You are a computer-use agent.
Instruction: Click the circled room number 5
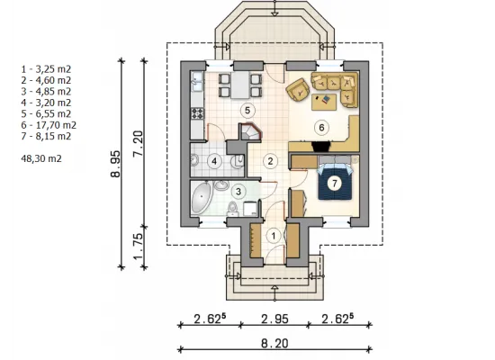pos(247,110)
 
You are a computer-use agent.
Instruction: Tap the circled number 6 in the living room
pos(321,128)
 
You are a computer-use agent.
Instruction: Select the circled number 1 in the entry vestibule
pos(274,236)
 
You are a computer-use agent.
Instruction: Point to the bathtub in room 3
pos(201,198)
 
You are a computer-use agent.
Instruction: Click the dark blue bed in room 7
pos(335,182)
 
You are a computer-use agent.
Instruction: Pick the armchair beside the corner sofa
pos(298,90)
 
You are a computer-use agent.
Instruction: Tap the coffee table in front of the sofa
pos(324,102)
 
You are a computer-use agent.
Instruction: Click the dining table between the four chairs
pos(240,85)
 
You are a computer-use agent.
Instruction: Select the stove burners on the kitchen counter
pos(198,113)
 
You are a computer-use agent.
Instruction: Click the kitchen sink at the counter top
pos(198,81)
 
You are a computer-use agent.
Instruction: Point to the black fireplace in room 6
pos(321,147)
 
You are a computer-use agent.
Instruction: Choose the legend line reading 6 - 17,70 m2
pos(49,125)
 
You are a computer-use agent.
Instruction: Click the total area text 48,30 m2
pos(41,158)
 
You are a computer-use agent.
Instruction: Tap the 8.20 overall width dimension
pos(274,343)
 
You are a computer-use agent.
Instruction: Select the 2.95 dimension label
pos(274,319)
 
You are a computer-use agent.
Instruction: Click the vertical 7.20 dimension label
pos(139,143)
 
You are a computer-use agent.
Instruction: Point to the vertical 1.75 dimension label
pos(139,247)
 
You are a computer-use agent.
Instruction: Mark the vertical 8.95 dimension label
pos(115,164)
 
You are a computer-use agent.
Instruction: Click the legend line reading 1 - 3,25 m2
pos(46,69)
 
